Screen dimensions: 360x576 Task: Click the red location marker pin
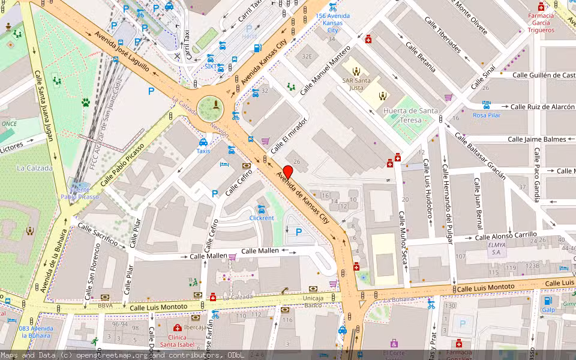tap(287, 172)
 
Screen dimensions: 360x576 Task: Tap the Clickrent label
tap(262, 218)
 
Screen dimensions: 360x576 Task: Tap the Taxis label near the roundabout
tap(203, 151)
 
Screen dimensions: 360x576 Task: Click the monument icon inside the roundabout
tap(216, 106)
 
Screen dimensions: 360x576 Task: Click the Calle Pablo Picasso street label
tap(123, 164)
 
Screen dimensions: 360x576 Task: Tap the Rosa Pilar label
tap(486, 115)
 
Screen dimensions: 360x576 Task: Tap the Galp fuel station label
tap(548, 310)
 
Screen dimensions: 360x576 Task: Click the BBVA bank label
tap(106, 305)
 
